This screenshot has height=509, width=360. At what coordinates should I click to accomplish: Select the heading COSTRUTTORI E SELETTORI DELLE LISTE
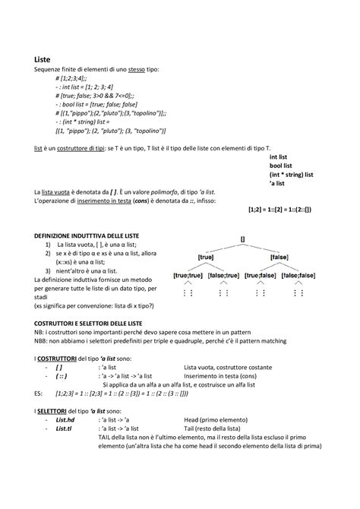pos(93,324)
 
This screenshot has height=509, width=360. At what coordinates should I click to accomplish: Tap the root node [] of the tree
pos(242,239)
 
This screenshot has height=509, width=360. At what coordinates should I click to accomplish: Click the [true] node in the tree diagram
pos(206,258)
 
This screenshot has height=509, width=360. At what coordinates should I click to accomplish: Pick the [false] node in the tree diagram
pos(280,258)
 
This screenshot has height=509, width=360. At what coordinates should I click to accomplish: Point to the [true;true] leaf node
pos(188,277)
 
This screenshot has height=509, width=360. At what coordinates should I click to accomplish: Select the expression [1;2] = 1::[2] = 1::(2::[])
pos(279,208)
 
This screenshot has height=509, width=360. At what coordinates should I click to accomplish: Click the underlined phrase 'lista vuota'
pos(60,193)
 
